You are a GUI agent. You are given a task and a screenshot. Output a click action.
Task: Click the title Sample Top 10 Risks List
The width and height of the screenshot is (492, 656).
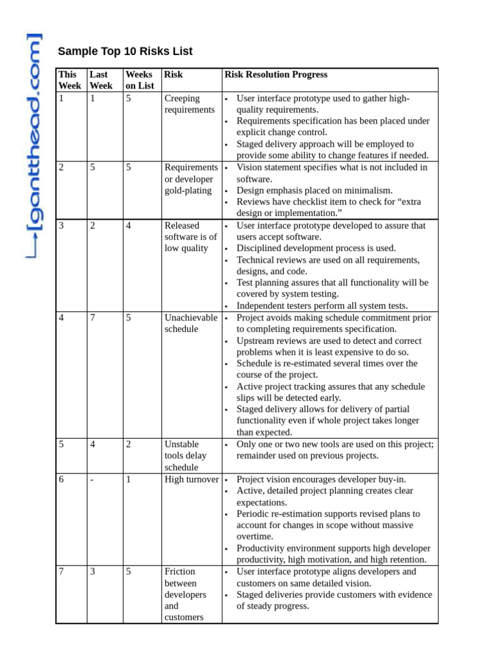[125, 51]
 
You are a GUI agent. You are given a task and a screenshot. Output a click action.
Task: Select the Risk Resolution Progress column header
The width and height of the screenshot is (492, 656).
[275, 74]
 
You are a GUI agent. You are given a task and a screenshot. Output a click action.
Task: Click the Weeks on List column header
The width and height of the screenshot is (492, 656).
[140, 80]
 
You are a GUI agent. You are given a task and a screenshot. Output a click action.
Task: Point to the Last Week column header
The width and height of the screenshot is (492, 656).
[101, 80]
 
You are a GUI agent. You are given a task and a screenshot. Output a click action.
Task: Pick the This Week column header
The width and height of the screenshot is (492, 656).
[70, 80]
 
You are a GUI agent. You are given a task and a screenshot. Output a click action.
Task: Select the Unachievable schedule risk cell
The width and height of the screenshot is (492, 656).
[190, 324]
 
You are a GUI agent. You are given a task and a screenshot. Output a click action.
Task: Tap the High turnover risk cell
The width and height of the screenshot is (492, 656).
[191, 479]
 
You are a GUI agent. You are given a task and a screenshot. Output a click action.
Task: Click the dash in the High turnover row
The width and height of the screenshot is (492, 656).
[92, 479]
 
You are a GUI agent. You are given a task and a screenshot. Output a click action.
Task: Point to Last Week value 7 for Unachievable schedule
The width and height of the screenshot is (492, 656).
[92, 318]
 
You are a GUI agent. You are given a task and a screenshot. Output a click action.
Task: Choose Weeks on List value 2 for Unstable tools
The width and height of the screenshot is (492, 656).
[129, 444]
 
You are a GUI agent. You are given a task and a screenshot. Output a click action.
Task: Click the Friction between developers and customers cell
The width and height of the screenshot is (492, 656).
[185, 594]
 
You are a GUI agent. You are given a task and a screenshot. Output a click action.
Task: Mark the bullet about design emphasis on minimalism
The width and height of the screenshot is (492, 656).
[314, 190]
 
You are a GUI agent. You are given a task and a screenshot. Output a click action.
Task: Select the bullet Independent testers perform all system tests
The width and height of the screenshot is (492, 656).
[322, 306]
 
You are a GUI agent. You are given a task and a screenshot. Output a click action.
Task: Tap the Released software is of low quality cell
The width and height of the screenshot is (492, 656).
[190, 237]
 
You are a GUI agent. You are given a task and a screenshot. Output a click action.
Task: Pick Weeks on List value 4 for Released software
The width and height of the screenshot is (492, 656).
[129, 225]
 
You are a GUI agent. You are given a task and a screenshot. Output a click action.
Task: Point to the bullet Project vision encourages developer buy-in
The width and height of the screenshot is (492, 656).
[321, 479]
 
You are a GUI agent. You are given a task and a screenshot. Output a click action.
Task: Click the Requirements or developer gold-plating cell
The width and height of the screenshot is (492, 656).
[190, 179]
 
